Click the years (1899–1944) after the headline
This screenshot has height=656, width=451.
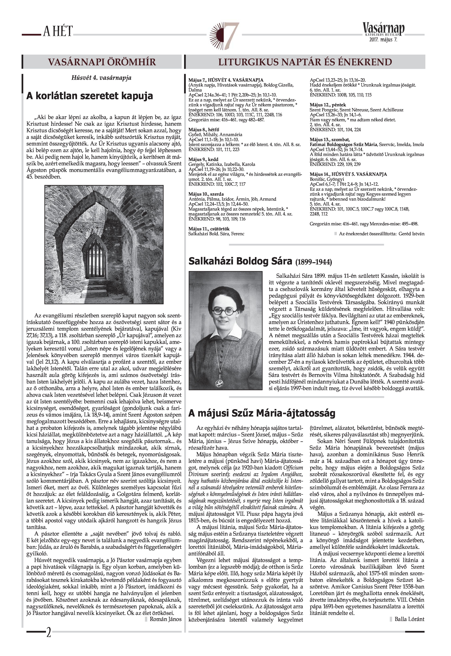pos(314,262)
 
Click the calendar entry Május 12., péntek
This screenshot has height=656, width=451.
pos(328,105)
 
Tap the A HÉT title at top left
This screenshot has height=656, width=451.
pos(58,31)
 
